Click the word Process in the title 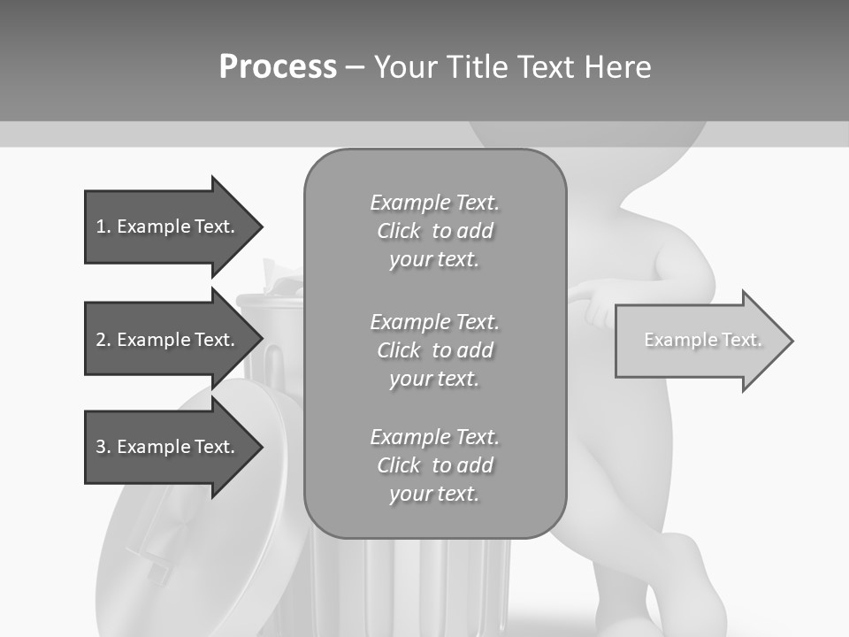tap(278, 67)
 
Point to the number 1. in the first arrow tap(103, 226)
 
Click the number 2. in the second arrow tap(103, 340)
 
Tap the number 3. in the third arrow tap(103, 447)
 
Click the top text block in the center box tap(434, 231)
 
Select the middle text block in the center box tap(434, 349)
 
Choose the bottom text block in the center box tap(434, 465)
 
